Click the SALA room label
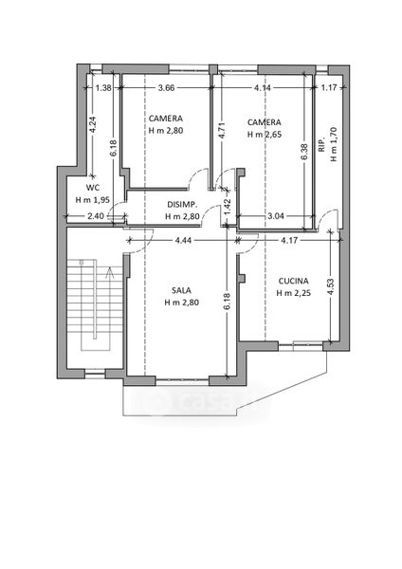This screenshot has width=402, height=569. [181, 290]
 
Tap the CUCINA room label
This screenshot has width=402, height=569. [294, 281]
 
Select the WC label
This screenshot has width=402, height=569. [93, 188]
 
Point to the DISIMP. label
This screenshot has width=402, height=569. [182, 204]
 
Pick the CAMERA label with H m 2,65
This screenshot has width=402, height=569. [265, 122]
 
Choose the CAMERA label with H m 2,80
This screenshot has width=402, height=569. [165, 119]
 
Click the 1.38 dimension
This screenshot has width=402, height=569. [103, 87]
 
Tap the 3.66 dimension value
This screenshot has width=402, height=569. [167, 87]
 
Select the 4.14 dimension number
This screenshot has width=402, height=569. [263, 87]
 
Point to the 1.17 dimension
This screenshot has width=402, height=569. [329, 87]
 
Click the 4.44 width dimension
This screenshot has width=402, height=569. [183, 240]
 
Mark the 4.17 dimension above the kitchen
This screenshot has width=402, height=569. [289, 240]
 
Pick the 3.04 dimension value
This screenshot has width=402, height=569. [275, 216]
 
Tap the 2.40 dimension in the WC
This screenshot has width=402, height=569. [96, 216]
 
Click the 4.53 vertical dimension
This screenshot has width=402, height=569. [330, 287]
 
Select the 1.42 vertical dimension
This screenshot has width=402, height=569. [228, 207]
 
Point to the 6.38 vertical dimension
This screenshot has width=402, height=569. [304, 152]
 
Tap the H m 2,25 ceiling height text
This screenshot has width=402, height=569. [294, 293]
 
